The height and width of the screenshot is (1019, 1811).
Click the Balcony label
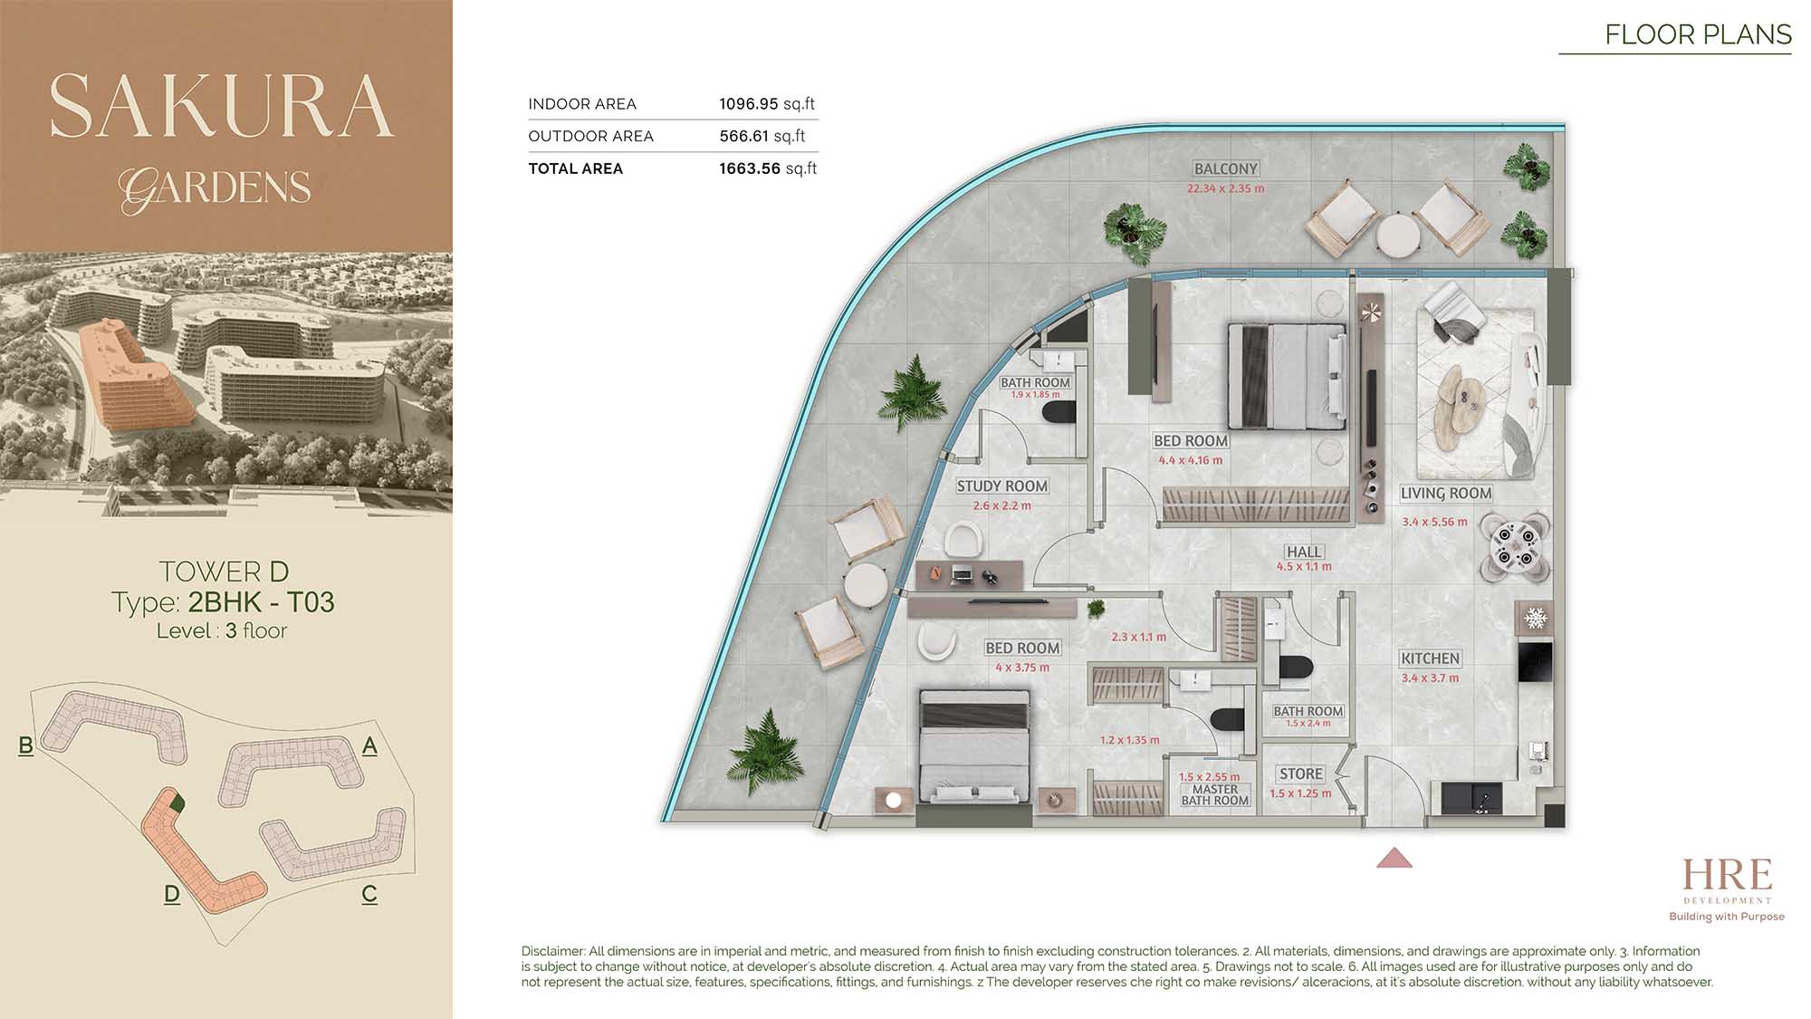1225,168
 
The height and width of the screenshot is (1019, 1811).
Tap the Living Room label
1445,494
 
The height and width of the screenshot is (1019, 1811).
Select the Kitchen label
1430,659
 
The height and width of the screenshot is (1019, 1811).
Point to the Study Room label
1002,486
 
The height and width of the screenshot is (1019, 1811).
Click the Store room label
1301,774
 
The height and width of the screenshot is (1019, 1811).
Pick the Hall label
1304,552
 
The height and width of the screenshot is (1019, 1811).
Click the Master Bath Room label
1215,795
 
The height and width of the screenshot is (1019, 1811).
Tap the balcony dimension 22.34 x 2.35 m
1225,189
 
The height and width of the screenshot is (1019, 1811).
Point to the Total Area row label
576,168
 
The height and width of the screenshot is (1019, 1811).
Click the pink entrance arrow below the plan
1394,858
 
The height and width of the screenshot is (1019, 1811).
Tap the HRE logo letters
1727,875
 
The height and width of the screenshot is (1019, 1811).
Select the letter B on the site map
25,745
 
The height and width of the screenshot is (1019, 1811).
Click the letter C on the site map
369,894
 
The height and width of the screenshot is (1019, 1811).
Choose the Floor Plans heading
1698,34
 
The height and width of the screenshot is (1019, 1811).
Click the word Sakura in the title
222,106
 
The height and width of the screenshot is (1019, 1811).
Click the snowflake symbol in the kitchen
1536,619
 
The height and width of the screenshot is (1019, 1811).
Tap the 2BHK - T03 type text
261,602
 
